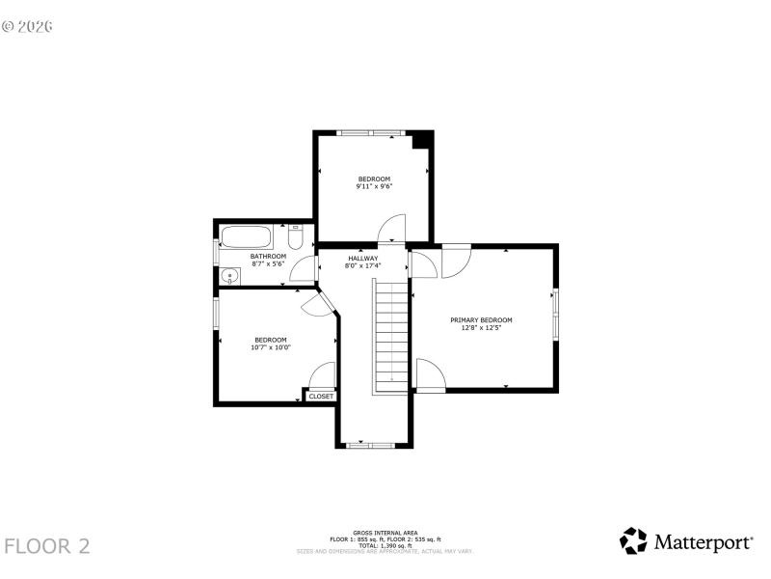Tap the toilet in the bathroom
pyautogui.click(x=297, y=236)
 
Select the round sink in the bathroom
pyautogui.click(x=228, y=276)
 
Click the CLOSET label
pyautogui.click(x=321, y=396)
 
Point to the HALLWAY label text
pyautogui.click(x=363, y=258)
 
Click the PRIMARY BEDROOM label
pyautogui.click(x=481, y=319)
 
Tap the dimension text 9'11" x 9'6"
pyautogui.click(x=374, y=187)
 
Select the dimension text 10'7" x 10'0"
pyautogui.click(x=271, y=347)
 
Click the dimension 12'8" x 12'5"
pyautogui.click(x=481, y=328)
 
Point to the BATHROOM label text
pyautogui.click(x=269, y=256)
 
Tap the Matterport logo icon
pyautogui.click(x=633, y=540)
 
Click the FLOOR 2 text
pyautogui.click(x=47, y=546)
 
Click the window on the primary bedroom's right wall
pyautogui.click(x=555, y=315)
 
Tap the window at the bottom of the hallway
pyautogui.click(x=371, y=446)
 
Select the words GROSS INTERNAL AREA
pyautogui.click(x=385, y=532)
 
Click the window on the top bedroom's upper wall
pyautogui.click(x=368, y=133)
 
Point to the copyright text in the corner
pyautogui.click(x=27, y=26)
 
